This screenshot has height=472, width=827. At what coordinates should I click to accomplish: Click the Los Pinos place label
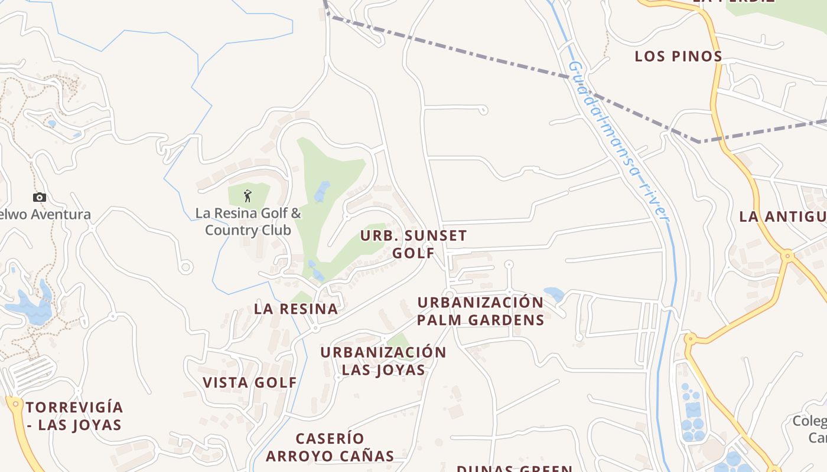click(678, 57)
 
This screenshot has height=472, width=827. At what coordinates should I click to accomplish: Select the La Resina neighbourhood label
click(296, 309)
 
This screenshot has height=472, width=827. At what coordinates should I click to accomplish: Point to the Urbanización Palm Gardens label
click(480, 311)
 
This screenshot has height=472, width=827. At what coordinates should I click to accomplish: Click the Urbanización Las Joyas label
click(383, 361)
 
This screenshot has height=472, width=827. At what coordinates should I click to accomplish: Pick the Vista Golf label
click(250, 382)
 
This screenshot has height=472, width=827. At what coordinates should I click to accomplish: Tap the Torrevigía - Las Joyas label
click(74, 416)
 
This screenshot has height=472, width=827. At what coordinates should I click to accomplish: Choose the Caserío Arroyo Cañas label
click(330, 447)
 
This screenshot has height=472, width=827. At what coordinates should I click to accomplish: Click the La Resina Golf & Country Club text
click(248, 222)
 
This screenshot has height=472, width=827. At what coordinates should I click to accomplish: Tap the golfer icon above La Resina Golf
click(248, 195)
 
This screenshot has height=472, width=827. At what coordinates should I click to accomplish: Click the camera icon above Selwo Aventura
click(40, 198)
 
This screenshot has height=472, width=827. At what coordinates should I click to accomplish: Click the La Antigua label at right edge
click(783, 217)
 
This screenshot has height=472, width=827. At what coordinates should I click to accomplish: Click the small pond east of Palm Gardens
click(553, 293)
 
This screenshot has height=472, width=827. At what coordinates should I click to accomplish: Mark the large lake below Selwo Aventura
click(30, 307)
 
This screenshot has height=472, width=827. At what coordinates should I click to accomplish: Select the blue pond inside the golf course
click(322, 191)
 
